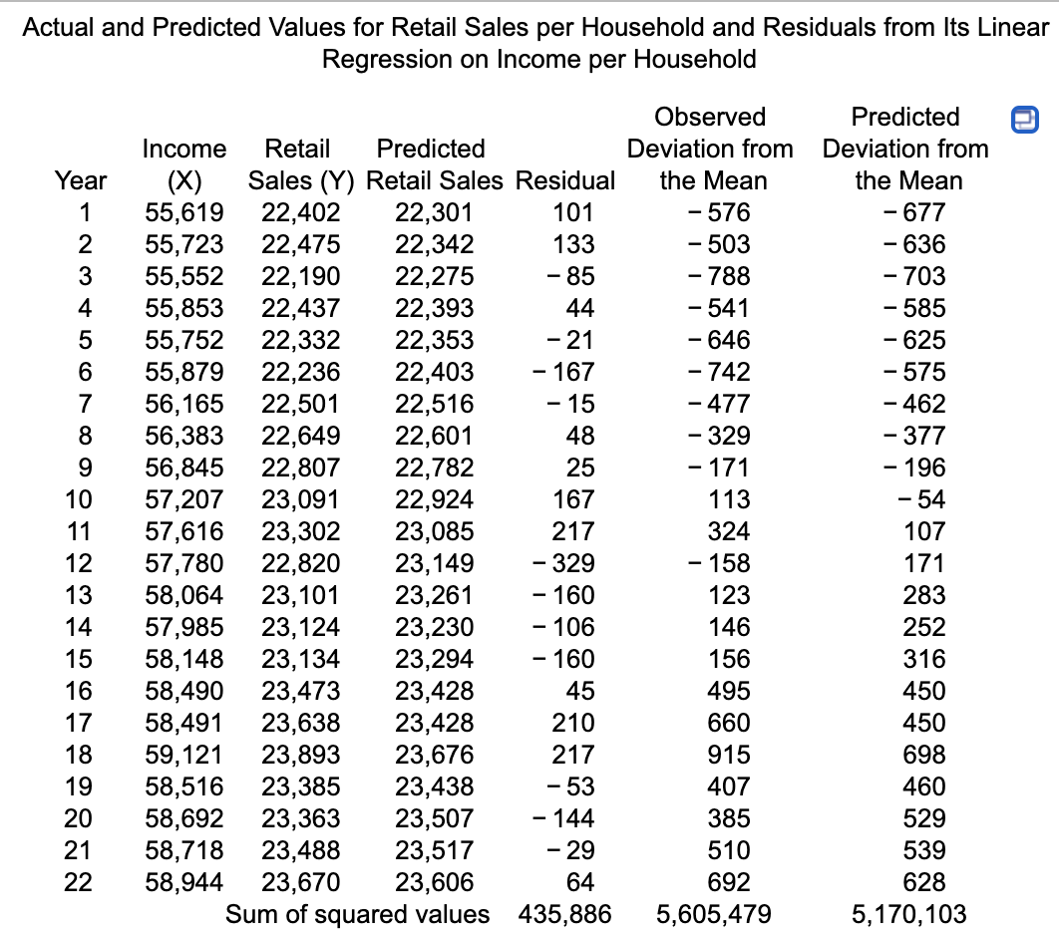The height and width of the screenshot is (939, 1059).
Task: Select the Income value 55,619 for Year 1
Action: [x=184, y=212]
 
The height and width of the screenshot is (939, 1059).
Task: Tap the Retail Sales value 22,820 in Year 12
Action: [x=300, y=563]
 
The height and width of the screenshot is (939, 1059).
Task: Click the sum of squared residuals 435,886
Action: [x=565, y=914]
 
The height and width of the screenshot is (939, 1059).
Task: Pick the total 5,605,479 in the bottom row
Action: [x=713, y=914]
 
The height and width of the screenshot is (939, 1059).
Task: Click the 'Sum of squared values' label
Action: [x=358, y=914]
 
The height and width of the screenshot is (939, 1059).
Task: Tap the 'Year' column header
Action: [x=81, y=180]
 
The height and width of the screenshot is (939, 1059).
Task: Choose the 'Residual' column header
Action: [x=566, y=180]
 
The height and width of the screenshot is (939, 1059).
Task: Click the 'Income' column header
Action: [x=184, y=149]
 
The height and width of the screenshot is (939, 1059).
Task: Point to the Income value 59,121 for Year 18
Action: [x=184, y=755]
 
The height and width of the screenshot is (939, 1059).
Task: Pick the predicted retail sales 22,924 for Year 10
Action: [x=435, y=499]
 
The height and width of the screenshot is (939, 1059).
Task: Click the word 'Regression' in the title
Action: [x=390, y=59]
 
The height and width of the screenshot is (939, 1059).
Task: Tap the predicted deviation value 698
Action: [x=923, y=755]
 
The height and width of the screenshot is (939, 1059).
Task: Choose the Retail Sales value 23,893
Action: [x=300, y=755]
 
